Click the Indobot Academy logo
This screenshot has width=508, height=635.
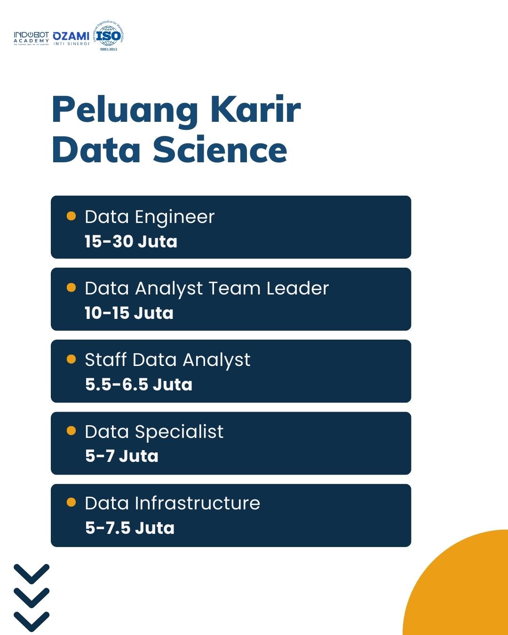pos(31,38)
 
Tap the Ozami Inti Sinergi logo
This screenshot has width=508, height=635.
pos(71,38)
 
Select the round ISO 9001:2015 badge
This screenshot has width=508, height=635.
pos(108,36)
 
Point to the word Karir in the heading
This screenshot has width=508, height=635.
pos(255,109)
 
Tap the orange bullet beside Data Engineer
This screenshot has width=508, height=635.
pos(71,216)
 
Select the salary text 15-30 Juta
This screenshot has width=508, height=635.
pos(131,241)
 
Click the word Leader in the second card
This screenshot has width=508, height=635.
pos(297,288)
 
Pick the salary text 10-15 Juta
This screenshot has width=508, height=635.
pos(129,313)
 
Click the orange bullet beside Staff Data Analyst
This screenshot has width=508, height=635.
pos(71,359)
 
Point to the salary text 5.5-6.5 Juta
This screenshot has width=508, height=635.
pos(139,384)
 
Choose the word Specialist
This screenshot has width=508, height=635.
pos(179,432)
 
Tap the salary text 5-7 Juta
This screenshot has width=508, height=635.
pos(122,456)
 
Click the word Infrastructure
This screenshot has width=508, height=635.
pos(197,503)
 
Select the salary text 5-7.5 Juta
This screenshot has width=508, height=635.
pos(130,528)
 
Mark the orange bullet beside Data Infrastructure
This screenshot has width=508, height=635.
pos(71,502)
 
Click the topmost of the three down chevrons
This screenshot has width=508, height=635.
pos(32,573)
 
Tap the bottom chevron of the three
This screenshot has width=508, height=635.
pos(32,621)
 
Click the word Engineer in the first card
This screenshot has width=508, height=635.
pos(175,217)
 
